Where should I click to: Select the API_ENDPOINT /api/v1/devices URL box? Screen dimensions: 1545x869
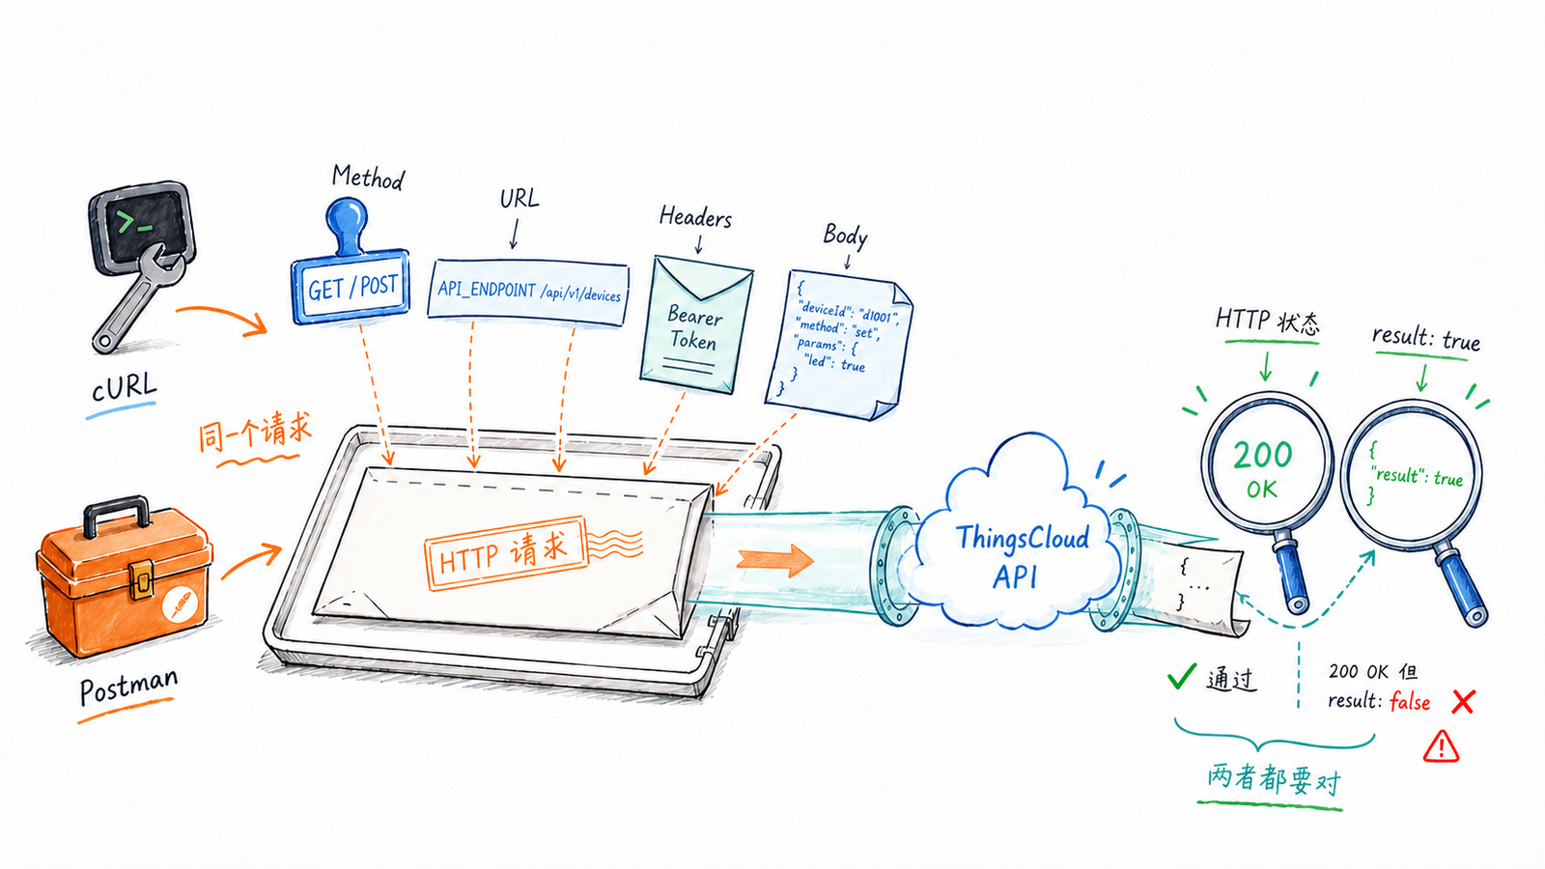point(527,292)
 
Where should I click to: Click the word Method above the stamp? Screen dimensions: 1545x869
point(368,178)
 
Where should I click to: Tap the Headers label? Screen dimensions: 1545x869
point(695,217)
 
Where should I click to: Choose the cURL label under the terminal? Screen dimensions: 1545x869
point(125,387)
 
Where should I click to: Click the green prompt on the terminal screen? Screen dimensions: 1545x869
point(134,223)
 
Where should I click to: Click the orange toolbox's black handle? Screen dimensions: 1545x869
point(117,514)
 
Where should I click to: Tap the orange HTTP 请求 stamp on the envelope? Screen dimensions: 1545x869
point(506,553)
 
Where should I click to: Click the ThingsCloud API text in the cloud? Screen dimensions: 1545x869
point(1021,556)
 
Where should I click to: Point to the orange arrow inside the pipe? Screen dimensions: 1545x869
point(775,559)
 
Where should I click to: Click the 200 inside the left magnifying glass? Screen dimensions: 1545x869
point(1262,455)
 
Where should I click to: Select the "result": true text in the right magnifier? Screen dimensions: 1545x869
point(1417,476)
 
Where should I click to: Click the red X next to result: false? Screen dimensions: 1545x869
point(1463,702)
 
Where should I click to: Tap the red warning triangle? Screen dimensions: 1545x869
point(1441,746)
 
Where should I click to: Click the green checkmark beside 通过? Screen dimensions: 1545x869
point(1182,676)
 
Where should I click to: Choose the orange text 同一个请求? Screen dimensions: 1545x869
point(255,433)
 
